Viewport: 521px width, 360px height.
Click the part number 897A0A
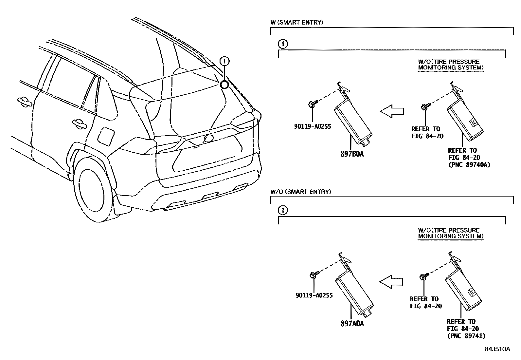(x=352, y=324)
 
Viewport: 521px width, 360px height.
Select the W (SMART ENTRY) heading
(x=297, y=23)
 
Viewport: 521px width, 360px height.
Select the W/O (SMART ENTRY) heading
(x=301, y=192)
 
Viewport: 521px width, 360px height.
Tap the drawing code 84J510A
(x=497, y=349)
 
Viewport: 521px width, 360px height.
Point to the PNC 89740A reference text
(x=469, y=164)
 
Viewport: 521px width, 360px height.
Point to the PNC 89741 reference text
(x=466, y=335)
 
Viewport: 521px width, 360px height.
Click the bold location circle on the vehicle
(x=225, y=85)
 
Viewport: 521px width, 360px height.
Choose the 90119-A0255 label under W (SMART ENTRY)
(x=313, y=126)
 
